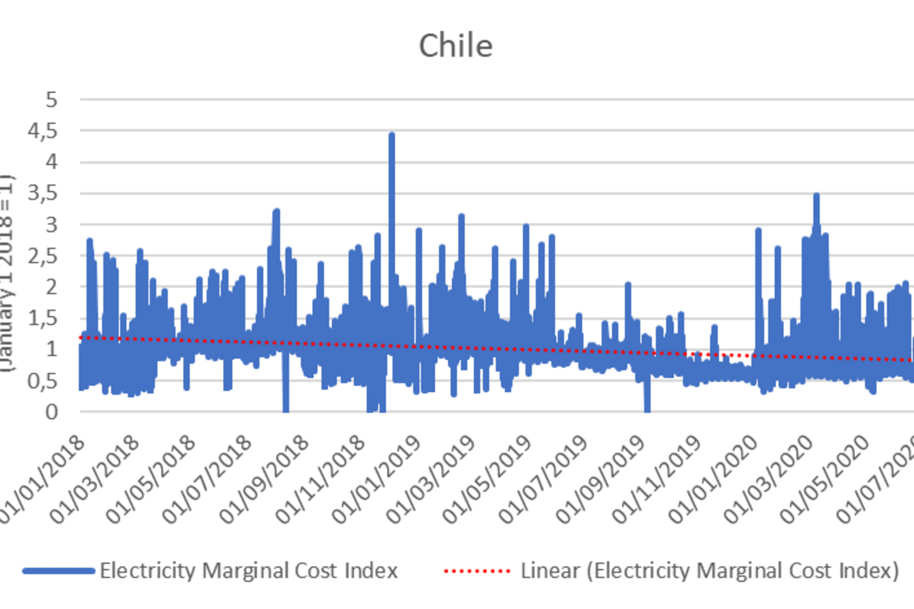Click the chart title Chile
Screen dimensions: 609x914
click(x=456, y=46)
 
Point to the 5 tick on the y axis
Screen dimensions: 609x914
click(x=51, y=100)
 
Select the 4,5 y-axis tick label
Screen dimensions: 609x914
click(x=43, y=131)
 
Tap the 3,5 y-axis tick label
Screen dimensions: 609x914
click(x=43, y=193)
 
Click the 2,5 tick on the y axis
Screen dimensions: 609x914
click(x=43, y=256)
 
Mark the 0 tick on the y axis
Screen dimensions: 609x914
click(x=51, y=412)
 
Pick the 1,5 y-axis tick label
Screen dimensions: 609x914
click(x=43, y=318)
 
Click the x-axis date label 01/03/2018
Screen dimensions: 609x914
click(x=95, y=480)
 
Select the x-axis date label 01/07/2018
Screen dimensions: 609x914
click(x=208, y=480)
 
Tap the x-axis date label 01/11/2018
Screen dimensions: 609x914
click(x=321, y=480)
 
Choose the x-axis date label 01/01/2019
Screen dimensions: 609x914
click(x=376, y=480)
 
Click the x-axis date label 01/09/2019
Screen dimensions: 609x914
click(x=600, y=480)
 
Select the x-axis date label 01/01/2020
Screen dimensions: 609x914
click(x=713, y=480)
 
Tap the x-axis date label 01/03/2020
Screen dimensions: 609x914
click(x=769, y=480)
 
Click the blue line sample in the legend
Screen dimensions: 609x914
click(x=58, y=571)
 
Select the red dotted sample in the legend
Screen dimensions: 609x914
click(x=477, y=571)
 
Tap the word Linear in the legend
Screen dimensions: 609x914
click(x=550, y=571)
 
